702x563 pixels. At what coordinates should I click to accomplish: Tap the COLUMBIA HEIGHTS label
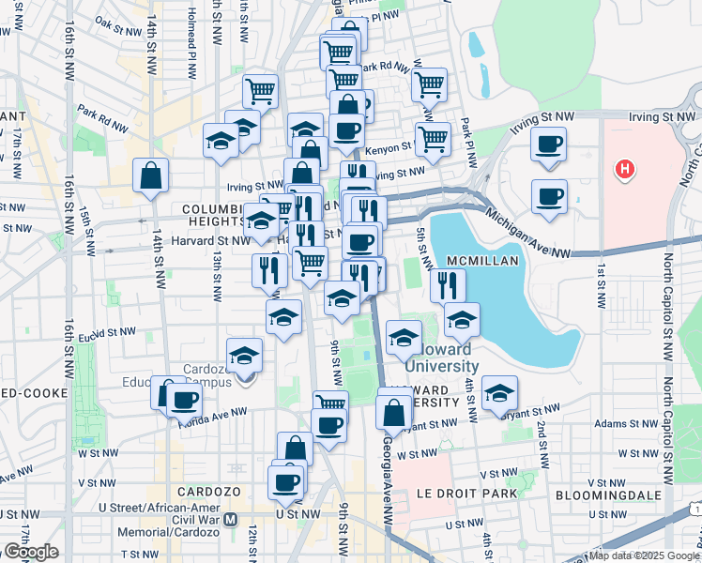click(x=214, y=214)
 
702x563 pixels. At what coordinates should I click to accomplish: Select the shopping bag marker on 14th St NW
click(x=151, y=175)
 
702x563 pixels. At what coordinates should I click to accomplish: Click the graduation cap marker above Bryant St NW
click(x=501, y=392)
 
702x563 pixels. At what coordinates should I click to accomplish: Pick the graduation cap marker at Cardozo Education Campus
click(x=245, y=356)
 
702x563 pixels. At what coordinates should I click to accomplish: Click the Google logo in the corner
click(x=31, y=552)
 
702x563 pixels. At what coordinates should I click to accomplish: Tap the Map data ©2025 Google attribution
click(x=643, y=555)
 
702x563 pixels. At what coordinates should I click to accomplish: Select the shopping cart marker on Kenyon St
click(x=433, y=139)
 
